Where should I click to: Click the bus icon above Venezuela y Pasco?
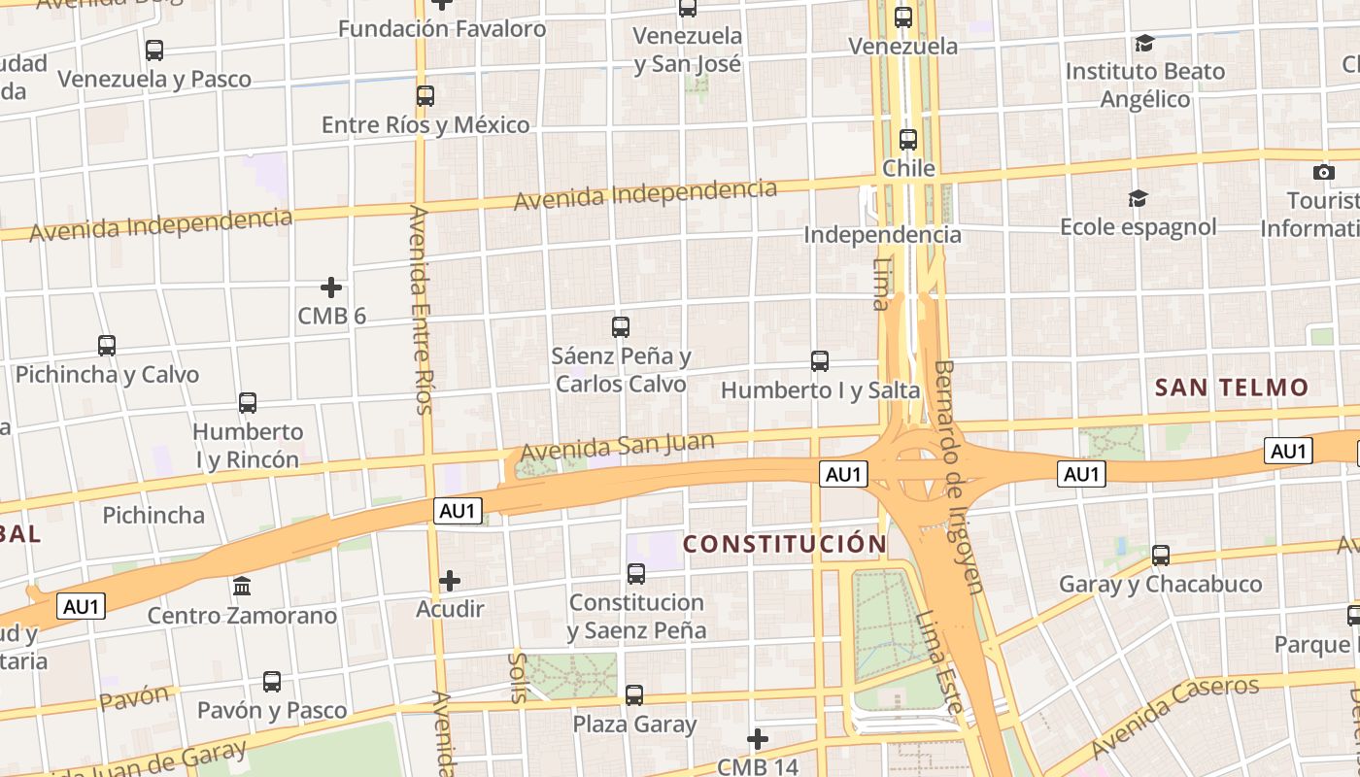(153, 51)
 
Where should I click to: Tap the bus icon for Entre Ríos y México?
(425, 96)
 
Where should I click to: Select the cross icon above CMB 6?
(331, 287)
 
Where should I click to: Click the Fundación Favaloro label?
(442, 28)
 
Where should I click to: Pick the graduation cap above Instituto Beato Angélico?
(1144, 44)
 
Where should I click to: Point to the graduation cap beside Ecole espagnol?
(1138, 199)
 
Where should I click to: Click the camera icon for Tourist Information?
(1323, 173)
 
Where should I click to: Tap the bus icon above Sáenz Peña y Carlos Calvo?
(621, 327)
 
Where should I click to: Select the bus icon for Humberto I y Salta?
(820, 361)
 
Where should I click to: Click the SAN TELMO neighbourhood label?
(1232, 388)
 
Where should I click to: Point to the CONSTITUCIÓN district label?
(785, 544)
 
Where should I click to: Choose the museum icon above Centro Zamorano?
(242, 587)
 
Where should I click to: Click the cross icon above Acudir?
(450, 581)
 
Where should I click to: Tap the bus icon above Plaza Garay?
(634, 695)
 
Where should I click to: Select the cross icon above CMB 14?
(758, 739)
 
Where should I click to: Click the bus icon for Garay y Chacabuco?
(1161, 556)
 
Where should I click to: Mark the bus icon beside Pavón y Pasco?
(272, 682)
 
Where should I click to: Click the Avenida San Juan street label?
(618, 447)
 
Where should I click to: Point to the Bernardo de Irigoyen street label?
(961, 476)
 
